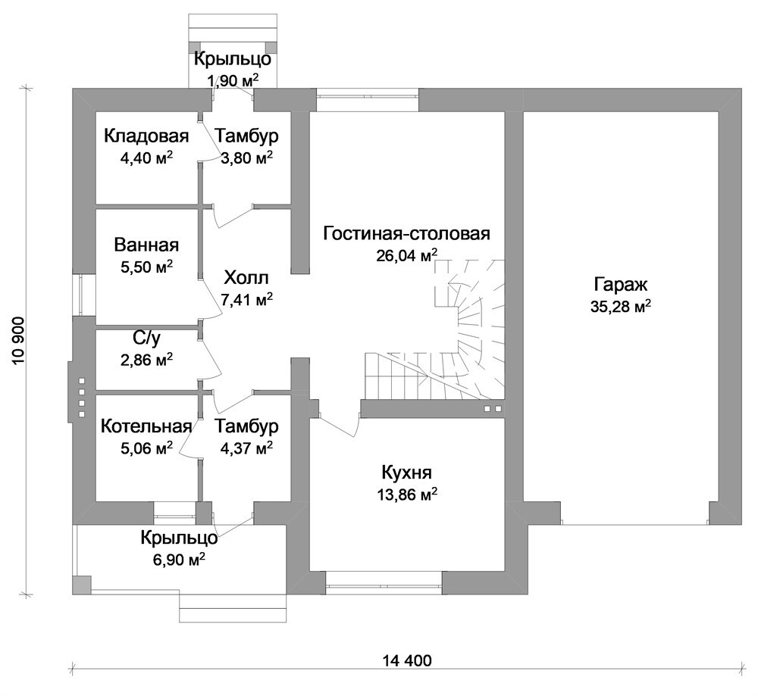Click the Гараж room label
point(620,285)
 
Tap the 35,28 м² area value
point(620,306)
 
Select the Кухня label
point(407,472)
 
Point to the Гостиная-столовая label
point(407,233)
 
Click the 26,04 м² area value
point(407,254)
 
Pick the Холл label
point(246,278)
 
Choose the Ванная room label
point(146,245)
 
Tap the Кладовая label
point(146,136)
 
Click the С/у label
point(146,339)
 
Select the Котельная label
point(146,426)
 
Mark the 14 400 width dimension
point(407,660)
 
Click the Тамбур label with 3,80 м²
point(246,136)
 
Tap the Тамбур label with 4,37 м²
point(246,426)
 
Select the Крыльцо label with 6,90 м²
point(180,538)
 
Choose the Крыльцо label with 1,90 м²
point(233,59)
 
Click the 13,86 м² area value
point(407,494)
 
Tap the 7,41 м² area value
point(246,300)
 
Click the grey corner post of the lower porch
point(82,585)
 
